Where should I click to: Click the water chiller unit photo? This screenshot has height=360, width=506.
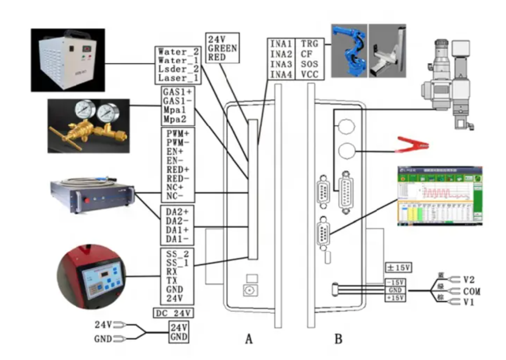coord(68,60)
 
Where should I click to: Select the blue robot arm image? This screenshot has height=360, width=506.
coord(350,50)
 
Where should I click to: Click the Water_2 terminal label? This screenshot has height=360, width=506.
coord(178,52)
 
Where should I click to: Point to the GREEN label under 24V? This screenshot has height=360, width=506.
coord(222,48)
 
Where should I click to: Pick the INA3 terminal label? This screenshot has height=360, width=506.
coord(281,64)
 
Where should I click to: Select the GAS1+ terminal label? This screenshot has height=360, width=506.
coord(176,91)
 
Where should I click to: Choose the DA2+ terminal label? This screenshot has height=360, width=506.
coord(176,211)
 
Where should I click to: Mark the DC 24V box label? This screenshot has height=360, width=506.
coord(173,313)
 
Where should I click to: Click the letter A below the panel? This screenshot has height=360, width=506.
coord(249,339)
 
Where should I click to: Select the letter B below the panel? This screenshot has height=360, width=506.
coord(339,339)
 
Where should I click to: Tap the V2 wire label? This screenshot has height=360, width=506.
coord(469,280)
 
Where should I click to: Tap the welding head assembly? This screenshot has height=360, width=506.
coord(447,83)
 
